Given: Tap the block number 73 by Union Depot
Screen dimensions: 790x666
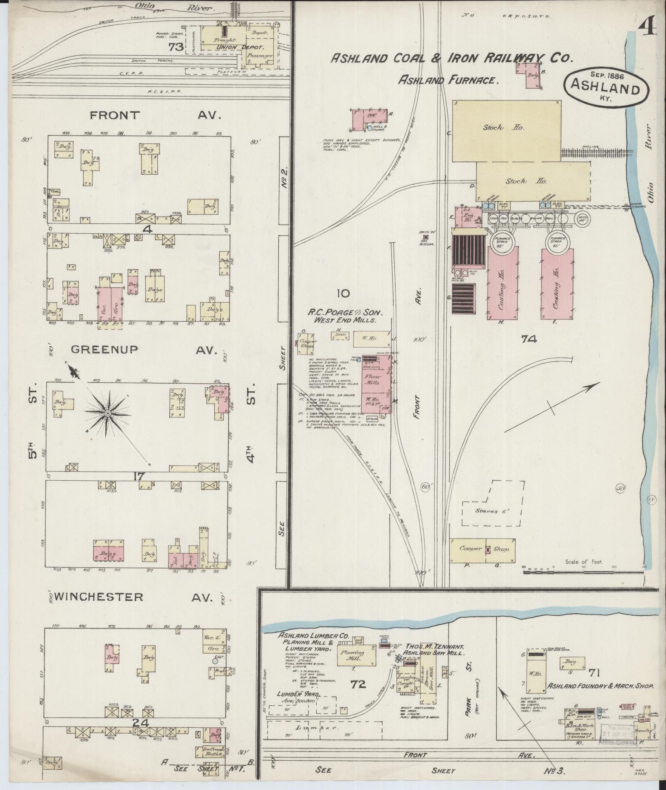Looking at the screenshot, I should (x=176, y=47).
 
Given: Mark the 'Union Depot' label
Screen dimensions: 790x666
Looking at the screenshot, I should (x=230, y=47).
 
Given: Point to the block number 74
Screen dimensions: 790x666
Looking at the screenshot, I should (x=529, y=339).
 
